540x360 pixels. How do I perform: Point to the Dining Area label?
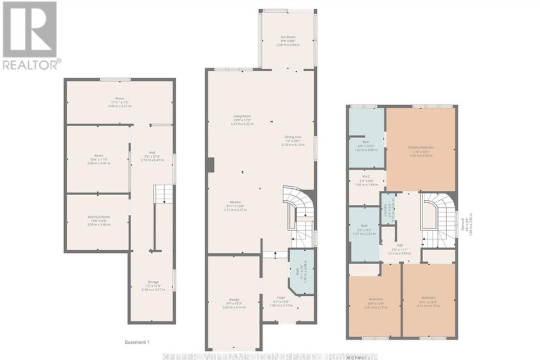tap(294, 140)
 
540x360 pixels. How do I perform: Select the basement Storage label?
tap(153, 286)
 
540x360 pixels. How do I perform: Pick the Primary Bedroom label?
tap(420, 150)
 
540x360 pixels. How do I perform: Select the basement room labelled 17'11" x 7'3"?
tap(120, 103)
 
